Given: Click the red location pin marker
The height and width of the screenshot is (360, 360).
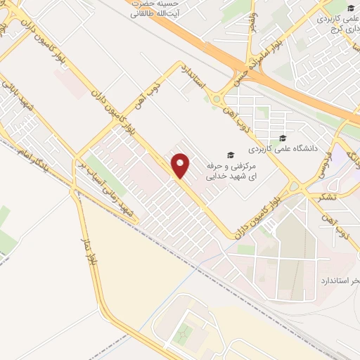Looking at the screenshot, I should click(181, 165).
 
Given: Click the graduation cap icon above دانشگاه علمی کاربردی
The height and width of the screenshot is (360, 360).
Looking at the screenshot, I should click(283, 138).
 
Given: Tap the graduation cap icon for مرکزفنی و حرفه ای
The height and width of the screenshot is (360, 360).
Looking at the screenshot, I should click(229, 154).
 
